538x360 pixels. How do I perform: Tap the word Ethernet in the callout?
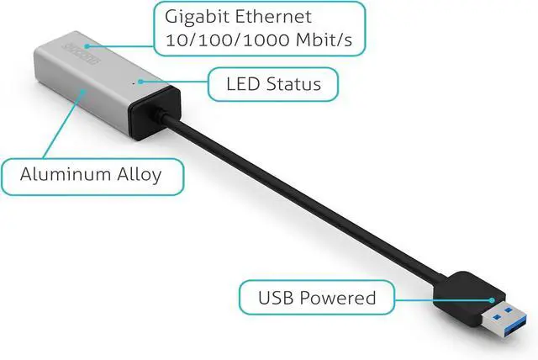269,18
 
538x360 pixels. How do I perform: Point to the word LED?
244,84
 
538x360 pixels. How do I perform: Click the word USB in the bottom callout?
277,297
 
